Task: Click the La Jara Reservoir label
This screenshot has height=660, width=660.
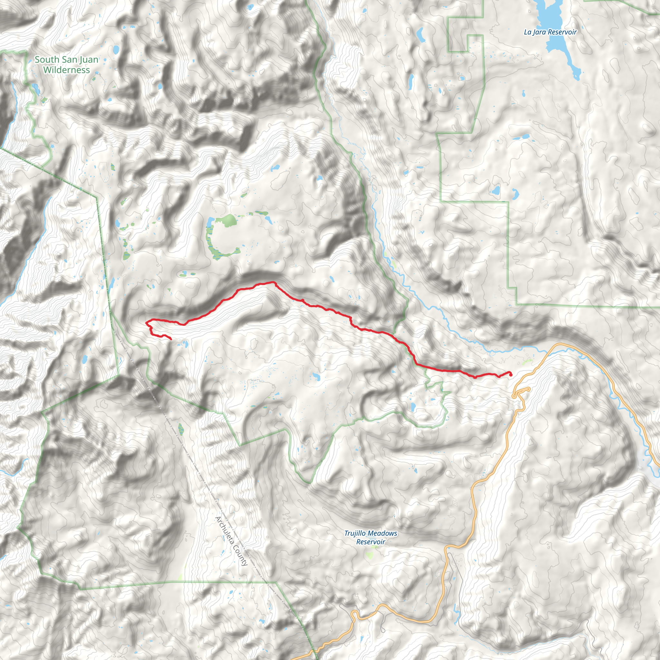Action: pos(550,32)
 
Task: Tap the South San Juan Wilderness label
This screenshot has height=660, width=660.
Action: pos(67,64)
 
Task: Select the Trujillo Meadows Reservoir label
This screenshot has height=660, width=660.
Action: pos(371,537)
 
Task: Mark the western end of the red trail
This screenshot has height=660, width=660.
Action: pos(171,339)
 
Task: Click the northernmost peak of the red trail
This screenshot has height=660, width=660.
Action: pos(273,282)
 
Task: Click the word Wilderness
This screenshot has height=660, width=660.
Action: pos(67,70)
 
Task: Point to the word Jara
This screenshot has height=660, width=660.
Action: pos(539,33)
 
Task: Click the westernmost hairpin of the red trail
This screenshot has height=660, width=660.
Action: pos(147,322)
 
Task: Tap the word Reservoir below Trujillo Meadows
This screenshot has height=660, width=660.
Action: pos(371,542)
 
